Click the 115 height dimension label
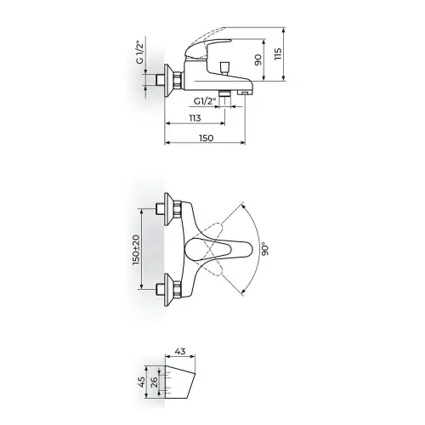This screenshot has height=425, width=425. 278,54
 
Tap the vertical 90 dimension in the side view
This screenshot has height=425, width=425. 258,60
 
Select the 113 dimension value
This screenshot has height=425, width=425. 195,117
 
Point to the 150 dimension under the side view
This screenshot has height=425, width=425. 206,138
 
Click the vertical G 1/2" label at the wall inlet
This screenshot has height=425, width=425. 139,53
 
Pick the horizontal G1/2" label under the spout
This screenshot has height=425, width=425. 205,101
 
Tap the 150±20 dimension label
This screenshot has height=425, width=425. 137,250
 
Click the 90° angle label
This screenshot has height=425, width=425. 265,249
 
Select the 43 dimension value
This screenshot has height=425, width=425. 180,351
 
